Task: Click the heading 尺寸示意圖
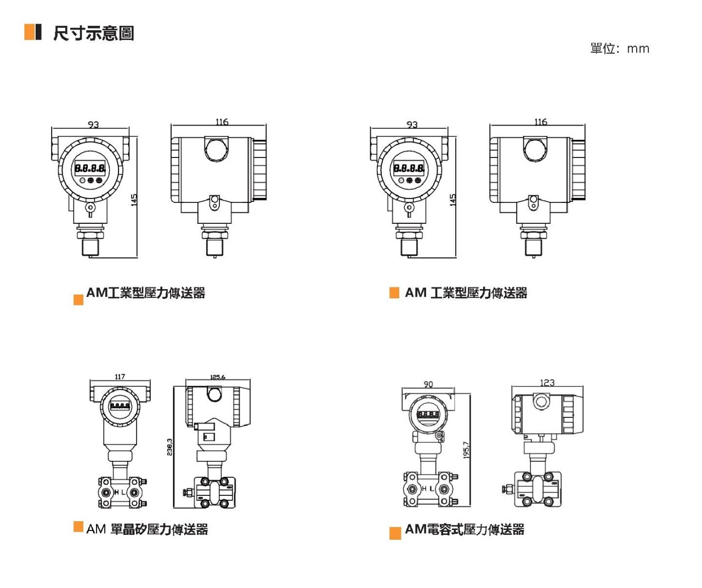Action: click(x=93, y=33)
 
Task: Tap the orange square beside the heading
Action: click(x=29, y=32)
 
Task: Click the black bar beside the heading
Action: click(x=38, y=32)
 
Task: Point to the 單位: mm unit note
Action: click(x=619, y=48)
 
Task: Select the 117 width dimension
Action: click(x=120, y=377)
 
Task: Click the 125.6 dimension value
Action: click(x=218, y=377)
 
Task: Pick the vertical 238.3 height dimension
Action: click(x=169, y=446)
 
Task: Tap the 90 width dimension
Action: click(x=428, y=384)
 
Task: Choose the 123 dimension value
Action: click(x=547, y=382)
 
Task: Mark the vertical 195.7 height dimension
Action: click(x=466, y=450)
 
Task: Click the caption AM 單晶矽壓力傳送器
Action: click(x=147, y=529)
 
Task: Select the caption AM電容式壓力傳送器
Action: click(x=465, y=529)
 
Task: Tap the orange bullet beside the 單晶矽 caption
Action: click(x=78, y=527)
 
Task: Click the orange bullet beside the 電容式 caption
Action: click(x=395, y=533)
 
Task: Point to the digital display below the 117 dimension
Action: click(x=120, y=406)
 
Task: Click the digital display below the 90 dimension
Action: click(x=428, y=415)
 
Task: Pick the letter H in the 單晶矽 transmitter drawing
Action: click(x=116, y=492)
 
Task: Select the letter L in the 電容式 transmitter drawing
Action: click(x=432, y=488)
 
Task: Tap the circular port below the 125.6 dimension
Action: click(x=214, y=394)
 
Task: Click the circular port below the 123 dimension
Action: click(x=542, y=402)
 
